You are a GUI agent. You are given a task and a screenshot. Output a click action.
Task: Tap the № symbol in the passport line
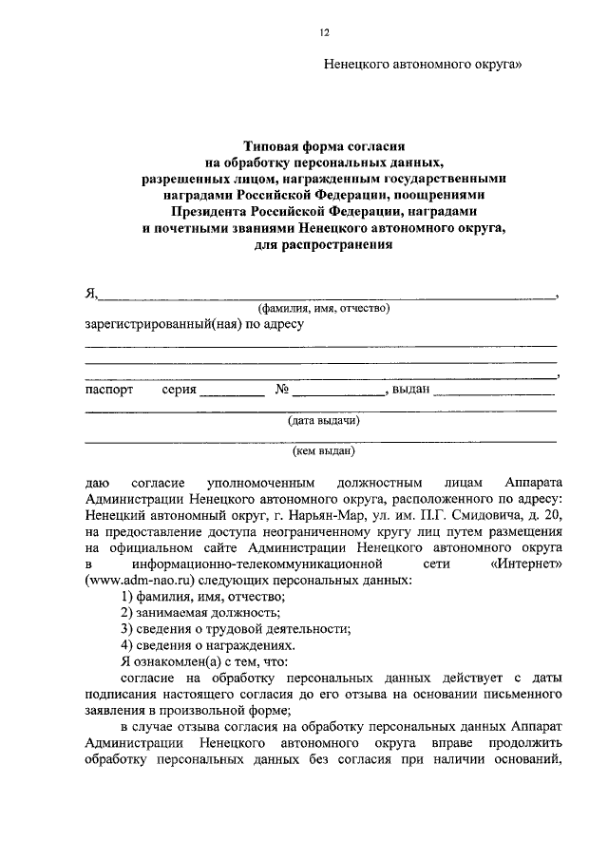click(281, 390)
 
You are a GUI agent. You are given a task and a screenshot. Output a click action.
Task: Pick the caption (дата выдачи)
click(323, 420)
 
